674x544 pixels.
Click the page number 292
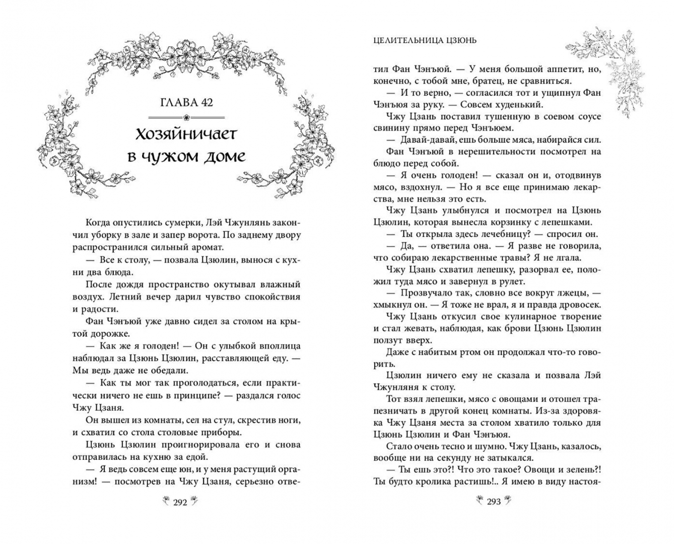pos(180,502)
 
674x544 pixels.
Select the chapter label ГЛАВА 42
pos(186,102)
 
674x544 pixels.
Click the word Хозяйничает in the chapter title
pos(186,134)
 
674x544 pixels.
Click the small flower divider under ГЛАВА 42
pos(186,117)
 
